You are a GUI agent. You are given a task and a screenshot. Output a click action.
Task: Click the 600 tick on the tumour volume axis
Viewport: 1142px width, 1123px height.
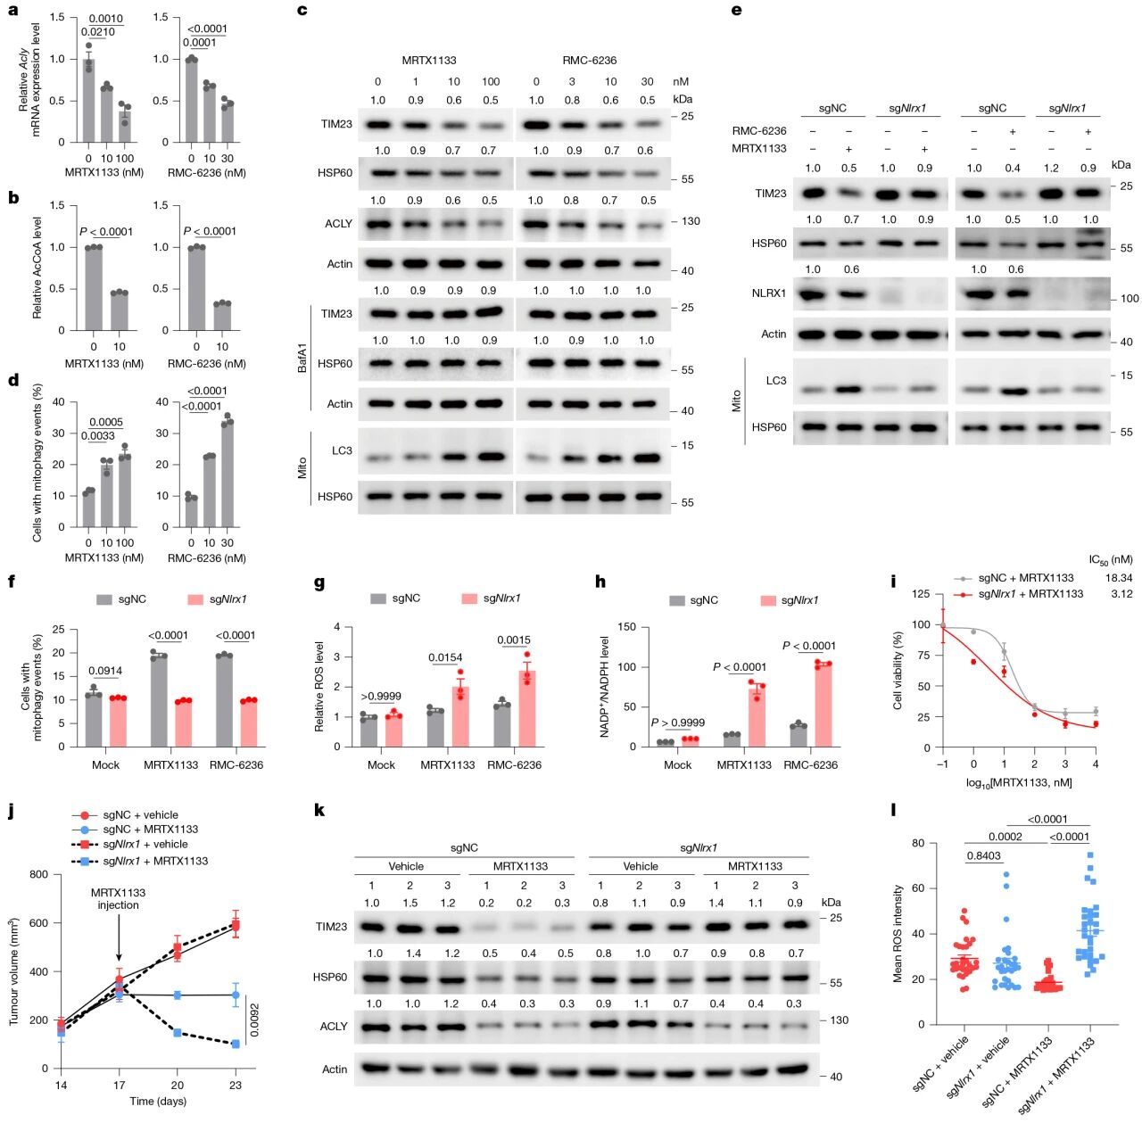[38, 923]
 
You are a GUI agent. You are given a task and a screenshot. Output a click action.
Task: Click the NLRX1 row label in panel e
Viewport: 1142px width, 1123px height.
[769, 293]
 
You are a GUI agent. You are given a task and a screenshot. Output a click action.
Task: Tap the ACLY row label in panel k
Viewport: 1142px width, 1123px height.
[333, 1027]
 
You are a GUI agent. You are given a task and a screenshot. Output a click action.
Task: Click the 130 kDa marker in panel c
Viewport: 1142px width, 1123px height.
[691, 221]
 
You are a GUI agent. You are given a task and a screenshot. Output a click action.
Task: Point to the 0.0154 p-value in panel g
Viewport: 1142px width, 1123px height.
[445, 657]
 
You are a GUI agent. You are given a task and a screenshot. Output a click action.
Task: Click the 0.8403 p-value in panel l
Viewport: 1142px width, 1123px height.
[984, 855]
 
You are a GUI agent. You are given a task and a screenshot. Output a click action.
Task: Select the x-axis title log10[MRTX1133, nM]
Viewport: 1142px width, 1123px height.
[1019, 782]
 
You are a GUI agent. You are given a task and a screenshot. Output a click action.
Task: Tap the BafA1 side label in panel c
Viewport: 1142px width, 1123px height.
[302, 357]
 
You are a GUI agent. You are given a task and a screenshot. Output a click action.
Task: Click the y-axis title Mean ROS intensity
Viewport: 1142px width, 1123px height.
[898, 933]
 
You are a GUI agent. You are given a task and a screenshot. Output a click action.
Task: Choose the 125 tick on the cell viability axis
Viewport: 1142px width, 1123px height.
[923, 594]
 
